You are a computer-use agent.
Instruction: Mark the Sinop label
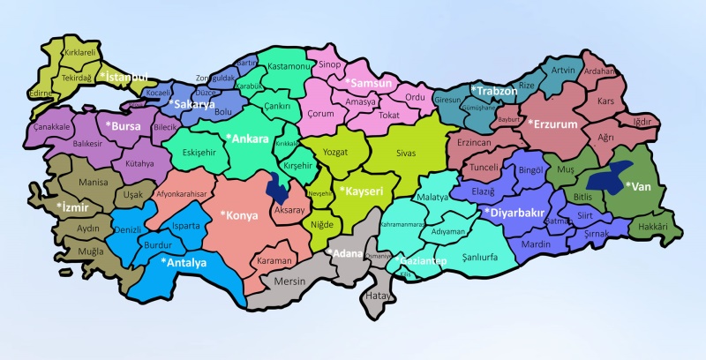tap(329, 64)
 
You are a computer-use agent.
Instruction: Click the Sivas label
tap(405, 153)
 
